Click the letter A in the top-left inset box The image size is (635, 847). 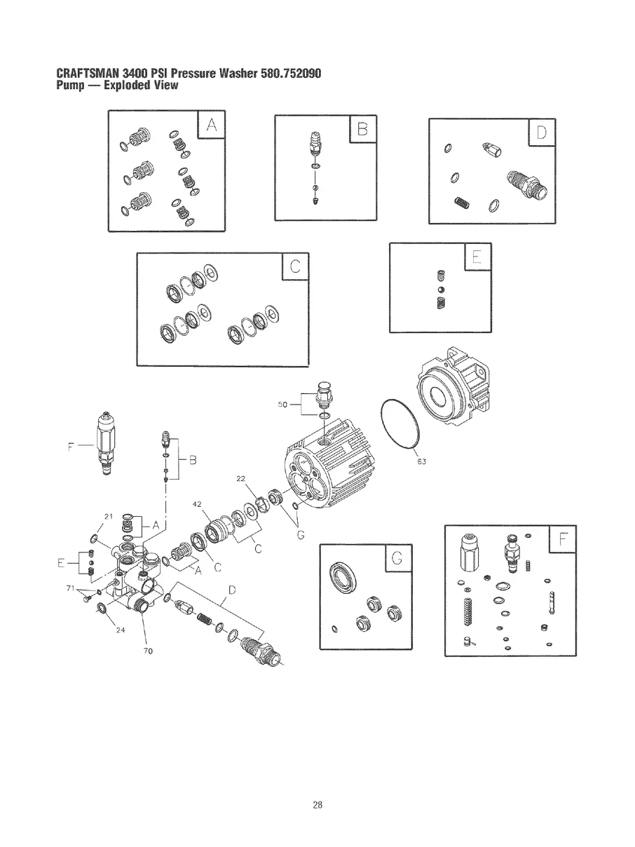coord(212,126)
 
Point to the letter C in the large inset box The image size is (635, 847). coord(294,266)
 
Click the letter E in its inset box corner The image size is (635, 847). coord(477,257)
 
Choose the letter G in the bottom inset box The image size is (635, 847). coord(397,559)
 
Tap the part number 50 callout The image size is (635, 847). coord(282,404)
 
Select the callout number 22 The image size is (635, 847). coord(241,478)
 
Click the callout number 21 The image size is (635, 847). coord(108,517)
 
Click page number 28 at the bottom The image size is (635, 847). coord(317,805)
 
